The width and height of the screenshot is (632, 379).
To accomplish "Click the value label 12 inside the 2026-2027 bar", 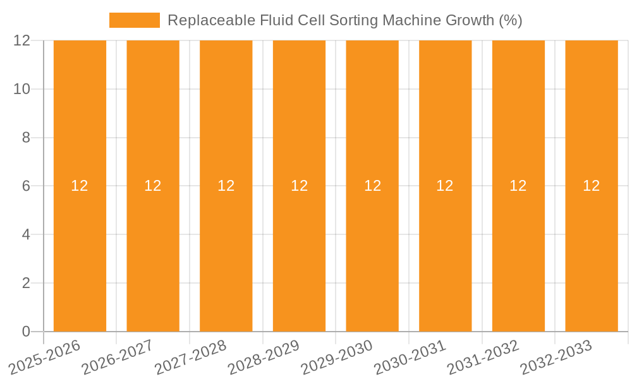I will coord(153,186).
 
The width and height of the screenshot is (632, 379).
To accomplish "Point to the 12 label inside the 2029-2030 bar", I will coord(372,186).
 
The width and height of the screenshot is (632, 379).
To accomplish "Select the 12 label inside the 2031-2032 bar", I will coord(518,186).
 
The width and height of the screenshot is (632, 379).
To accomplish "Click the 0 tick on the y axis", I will coord(26,332).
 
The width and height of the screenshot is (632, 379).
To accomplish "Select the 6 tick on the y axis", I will coord(26,186).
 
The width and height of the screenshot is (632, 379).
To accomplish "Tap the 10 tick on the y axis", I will coord(22,89).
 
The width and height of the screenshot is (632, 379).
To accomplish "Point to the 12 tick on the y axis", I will coord(22,40).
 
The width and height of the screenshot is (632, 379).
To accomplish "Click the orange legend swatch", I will coord(135,20).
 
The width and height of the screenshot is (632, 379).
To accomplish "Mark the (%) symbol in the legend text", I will coord(510,20).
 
